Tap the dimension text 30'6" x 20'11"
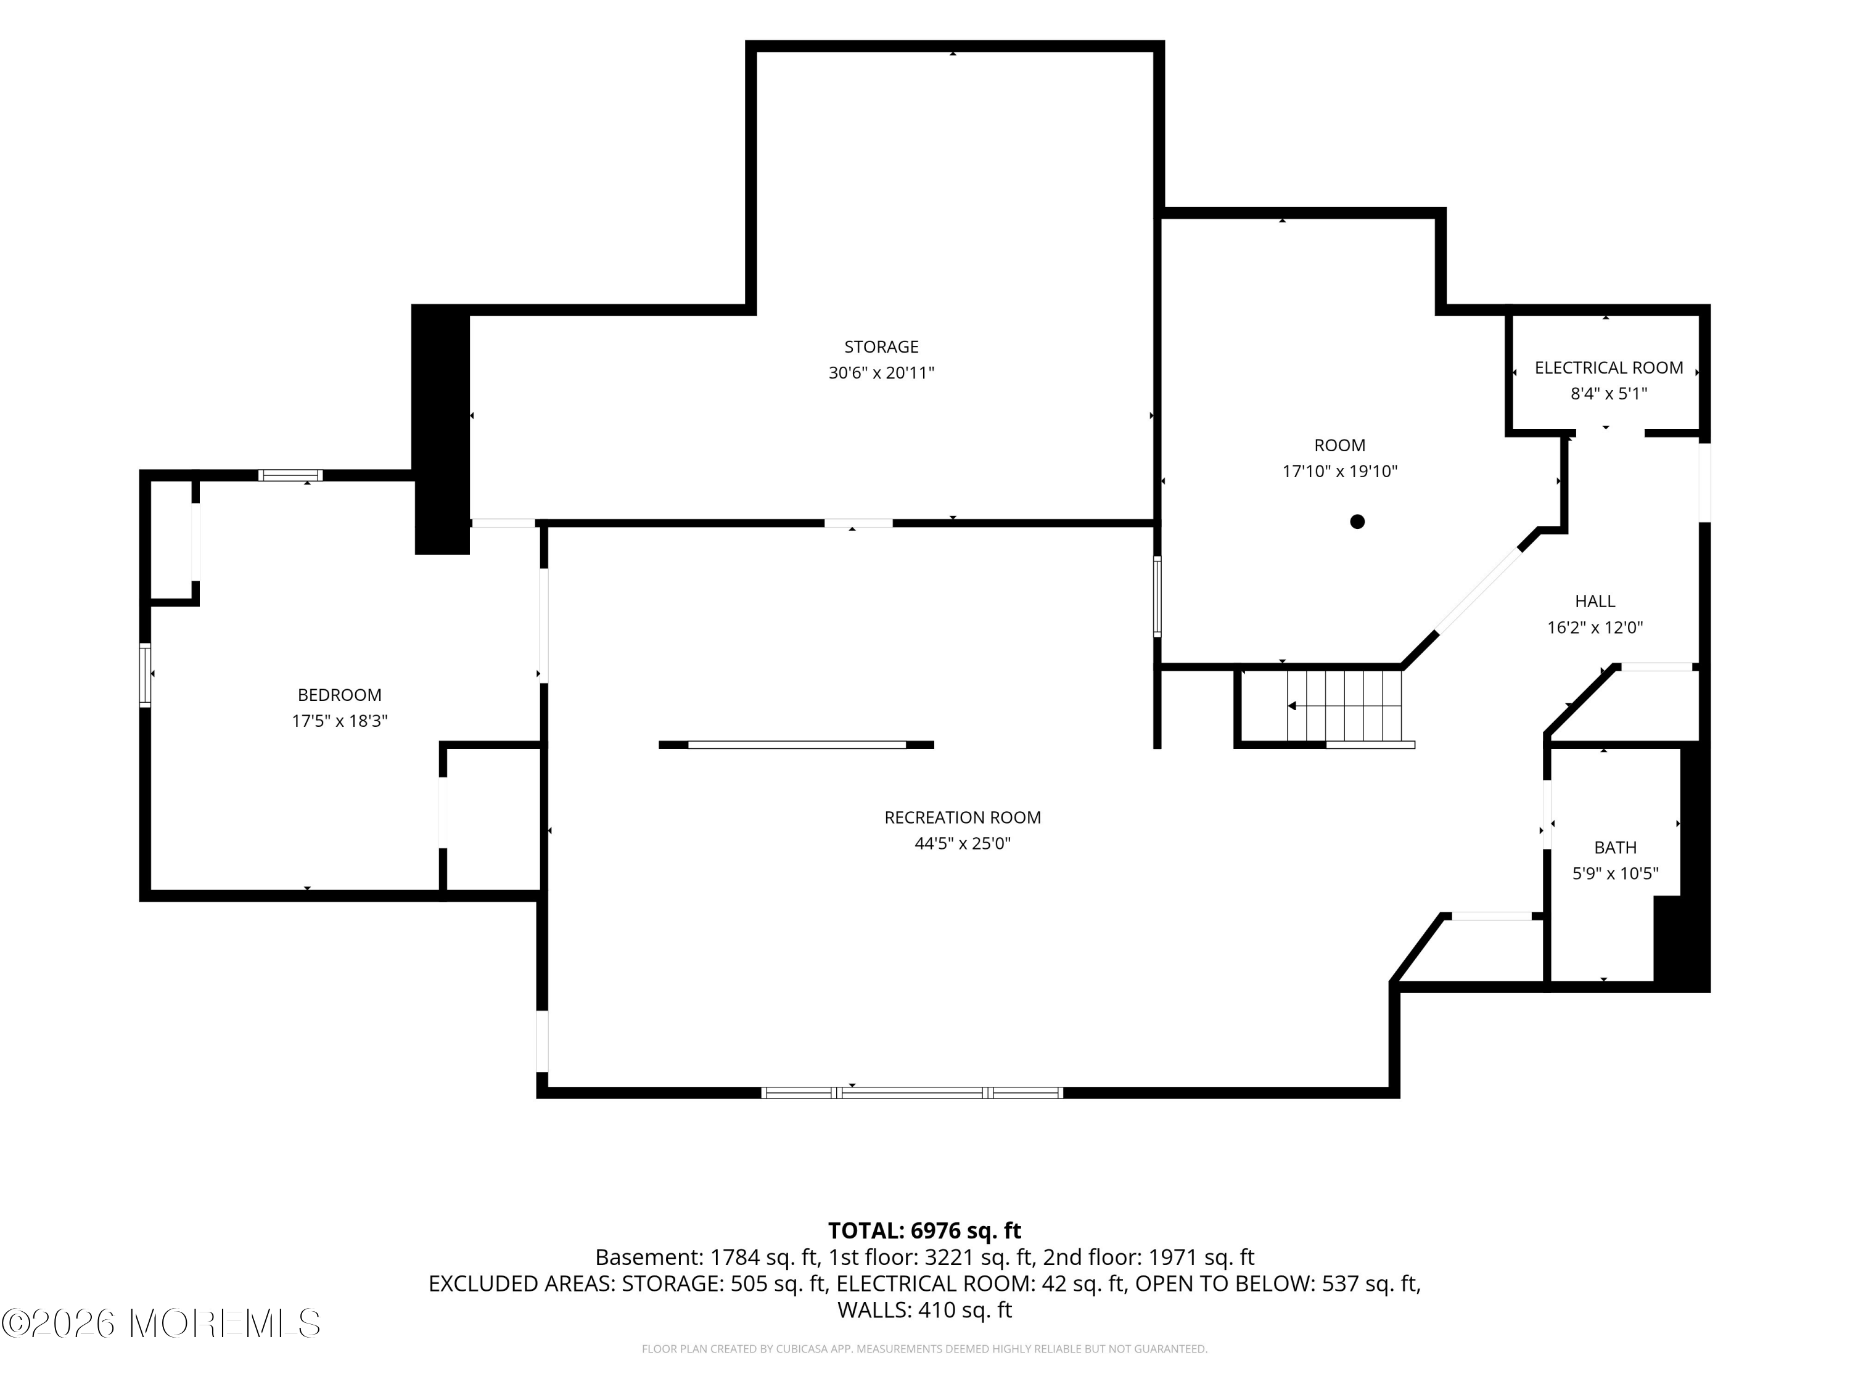[x=881, y=373]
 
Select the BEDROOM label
[x=340, y=695]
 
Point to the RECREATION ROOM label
[x=963, y=817]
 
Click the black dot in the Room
[x=1357, y=522]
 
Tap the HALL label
[x=1595, y=601]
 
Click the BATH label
[x=1615, y=848]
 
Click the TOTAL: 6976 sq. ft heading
[x=924, y=1230]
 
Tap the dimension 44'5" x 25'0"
[x=963, y=843]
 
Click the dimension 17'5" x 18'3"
[x=340, y=721]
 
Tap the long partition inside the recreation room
[x=796, y=745]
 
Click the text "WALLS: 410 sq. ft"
[x=924, y=1310]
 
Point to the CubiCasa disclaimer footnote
[x=924, y=1349]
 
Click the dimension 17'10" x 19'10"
[x=1340, y=472]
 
